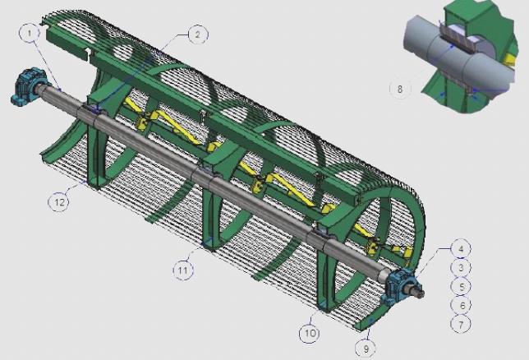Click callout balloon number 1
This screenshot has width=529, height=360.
tap(30, 33)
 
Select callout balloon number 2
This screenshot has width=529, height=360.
tap(198, 34)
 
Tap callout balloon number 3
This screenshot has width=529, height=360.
tap(461, 267)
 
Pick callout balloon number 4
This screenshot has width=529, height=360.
tap(461, 249)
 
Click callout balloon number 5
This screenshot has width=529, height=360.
tap(461, 286)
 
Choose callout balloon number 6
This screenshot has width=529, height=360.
tap(461, 305)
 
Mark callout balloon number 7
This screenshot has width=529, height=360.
tap(461, 324)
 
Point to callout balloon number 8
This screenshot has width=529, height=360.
tap(400, 89)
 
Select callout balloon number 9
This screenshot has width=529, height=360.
tap(366, 348)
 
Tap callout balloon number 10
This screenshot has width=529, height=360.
tap(310, 333)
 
